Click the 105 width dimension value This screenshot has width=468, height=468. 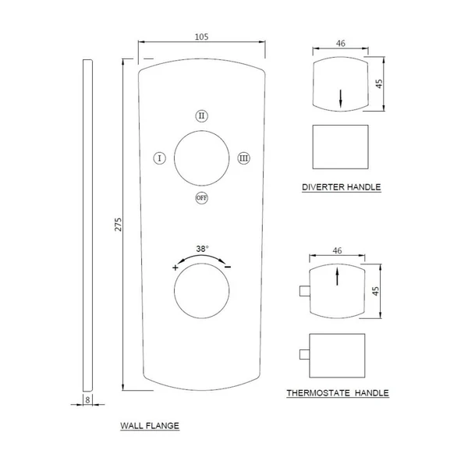pos(201,37)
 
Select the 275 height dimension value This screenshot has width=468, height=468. pos(119,224)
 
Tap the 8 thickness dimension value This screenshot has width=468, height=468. pos(87,399)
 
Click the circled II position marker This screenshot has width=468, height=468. pos(202,115)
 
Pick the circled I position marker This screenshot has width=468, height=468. pos(160,158)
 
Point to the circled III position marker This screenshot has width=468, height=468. pos(244,158)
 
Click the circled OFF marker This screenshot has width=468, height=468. pos(202,198)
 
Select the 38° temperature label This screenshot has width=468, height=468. pos(202,249)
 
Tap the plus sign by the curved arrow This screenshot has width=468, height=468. pos(175,268)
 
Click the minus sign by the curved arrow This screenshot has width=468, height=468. pos(228,267)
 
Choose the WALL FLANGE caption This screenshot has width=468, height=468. pos(150,426)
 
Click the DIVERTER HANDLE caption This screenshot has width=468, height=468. pos(342,187)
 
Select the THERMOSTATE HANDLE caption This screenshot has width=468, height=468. pos(338,393)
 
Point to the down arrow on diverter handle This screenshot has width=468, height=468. pos(341,98)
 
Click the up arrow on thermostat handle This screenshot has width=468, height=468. pos(337,276)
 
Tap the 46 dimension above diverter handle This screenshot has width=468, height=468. pos(341,44)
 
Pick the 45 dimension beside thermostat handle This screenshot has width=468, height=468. pos(376,291)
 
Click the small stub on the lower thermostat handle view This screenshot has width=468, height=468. pos(304,354)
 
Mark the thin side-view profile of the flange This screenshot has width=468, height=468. pos(87,225)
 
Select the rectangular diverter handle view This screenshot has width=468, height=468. pos(341,147)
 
